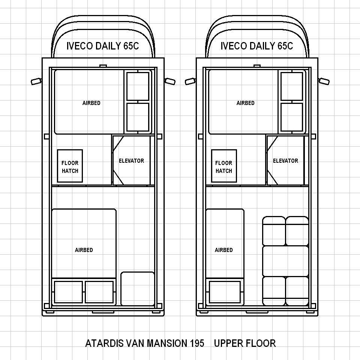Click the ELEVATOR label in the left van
coord(131,161)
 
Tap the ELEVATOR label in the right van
coord(285,161)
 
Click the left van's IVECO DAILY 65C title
coord(103,46)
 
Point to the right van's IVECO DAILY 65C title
coord(256,46)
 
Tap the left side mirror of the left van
coord(36,81)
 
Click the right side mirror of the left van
coord(170,81)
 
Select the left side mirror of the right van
coord(190,81)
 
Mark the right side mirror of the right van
coord(324,81)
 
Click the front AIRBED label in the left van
coord(91,103)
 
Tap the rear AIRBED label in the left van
coord(84,250)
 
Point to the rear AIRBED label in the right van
coord(223,250)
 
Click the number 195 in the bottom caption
coord(197,343)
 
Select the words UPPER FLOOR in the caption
coord(245,343)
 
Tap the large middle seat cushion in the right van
coord(285,261)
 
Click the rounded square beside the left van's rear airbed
coord(138,289)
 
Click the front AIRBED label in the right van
coord(245,103)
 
